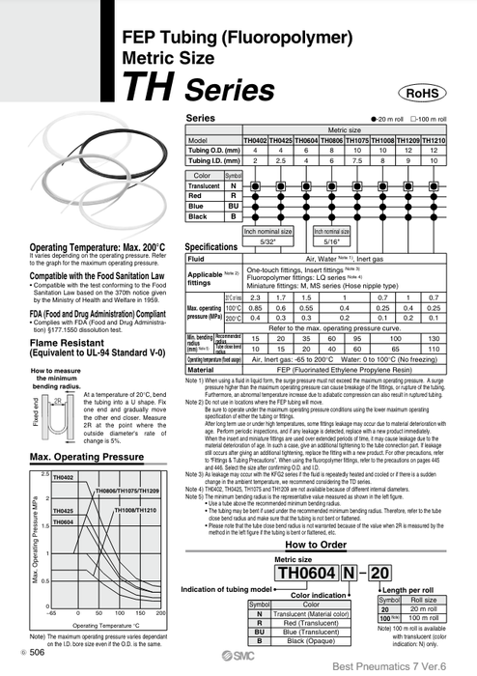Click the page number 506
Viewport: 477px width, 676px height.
pos(36,654)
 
